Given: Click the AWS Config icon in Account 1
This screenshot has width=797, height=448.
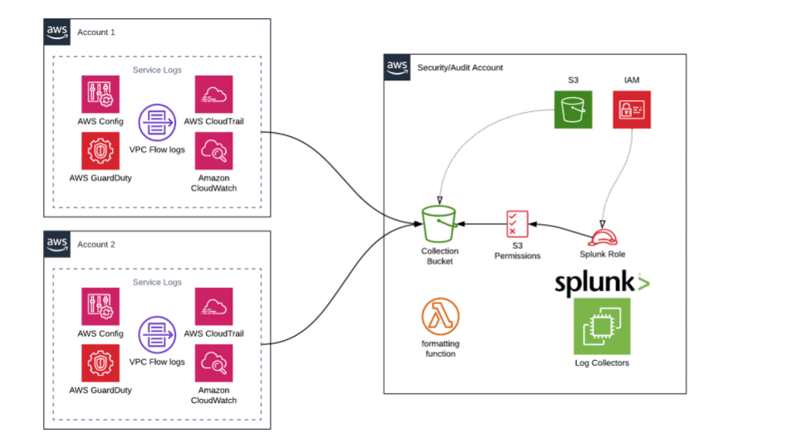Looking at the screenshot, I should pyautogui.click(x=100, y=95).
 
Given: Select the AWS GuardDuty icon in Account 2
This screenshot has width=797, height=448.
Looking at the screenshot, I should pyautogui.click(x=100, y=363).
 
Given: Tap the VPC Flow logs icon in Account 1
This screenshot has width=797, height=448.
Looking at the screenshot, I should pyautogui.click(x=157, y=124).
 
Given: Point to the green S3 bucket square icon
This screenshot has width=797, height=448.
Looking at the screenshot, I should pyautogui.click(x=574, y=110).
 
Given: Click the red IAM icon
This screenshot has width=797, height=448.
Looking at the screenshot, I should pyautogui.click(x=631, y=110).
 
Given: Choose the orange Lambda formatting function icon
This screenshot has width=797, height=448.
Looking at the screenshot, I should pyautogui.click(x=440, y=317).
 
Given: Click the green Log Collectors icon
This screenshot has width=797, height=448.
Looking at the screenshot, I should pyautogui.click(x=602, y=326).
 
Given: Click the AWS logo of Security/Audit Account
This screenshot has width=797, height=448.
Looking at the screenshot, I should pyautogui.click(x=397, y=67).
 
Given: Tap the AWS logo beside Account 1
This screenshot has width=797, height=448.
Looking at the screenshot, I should pyautogui.click(x=57, y=32).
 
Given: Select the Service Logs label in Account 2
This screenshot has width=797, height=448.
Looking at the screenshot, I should pyautogui.click(x=157, y=282).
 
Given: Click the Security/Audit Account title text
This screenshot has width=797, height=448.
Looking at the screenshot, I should pyautogui.click(x=460, y=67).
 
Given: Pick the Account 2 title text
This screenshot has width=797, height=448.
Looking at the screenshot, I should pyautogui.click(x=96, y=245).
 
